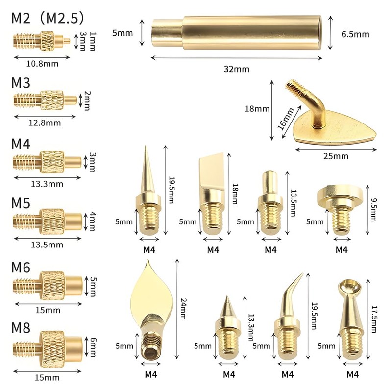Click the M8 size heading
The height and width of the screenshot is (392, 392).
(21, 328)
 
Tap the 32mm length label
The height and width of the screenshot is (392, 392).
(237, 69)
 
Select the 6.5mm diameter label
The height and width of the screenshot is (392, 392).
(355, 34)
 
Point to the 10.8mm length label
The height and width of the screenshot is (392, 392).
(43, 64)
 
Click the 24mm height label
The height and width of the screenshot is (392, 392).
(183, 309)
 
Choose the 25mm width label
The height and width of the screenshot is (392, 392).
(336, 156)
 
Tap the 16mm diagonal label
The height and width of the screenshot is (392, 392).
(287, 119)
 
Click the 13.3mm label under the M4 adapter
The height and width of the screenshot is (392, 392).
(47, 184)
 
